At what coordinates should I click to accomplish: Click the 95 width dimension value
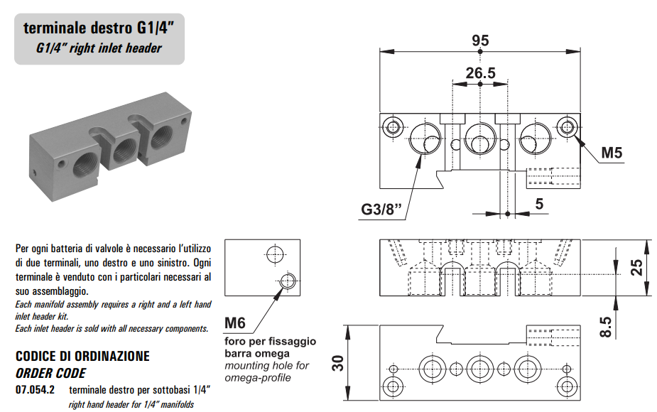[480, 40]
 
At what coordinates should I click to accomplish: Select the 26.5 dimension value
[480, 72]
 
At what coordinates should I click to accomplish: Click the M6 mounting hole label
[235, 324]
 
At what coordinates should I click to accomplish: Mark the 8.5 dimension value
[605, 326]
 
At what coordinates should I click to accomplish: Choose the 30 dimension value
[340, 364]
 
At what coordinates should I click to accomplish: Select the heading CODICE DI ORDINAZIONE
[82, 356]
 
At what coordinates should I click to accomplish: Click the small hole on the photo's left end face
[36, 170]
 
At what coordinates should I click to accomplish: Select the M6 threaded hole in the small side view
[287, 281]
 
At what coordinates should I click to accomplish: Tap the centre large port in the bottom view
[480, 368]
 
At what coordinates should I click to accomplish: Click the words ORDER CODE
[50, 372]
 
